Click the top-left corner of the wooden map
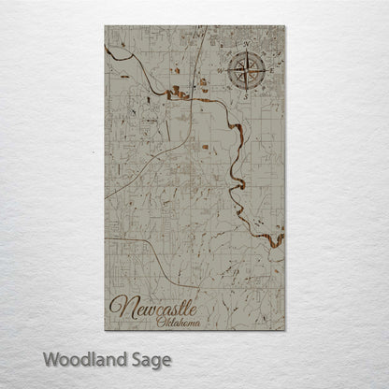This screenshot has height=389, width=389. point(105,25)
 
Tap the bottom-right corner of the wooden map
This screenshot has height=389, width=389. point(284,330)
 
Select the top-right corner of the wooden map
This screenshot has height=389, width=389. point(284,25)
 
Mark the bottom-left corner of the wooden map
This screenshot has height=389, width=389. point(105,330)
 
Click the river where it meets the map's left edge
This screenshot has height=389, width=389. point(107,50)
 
